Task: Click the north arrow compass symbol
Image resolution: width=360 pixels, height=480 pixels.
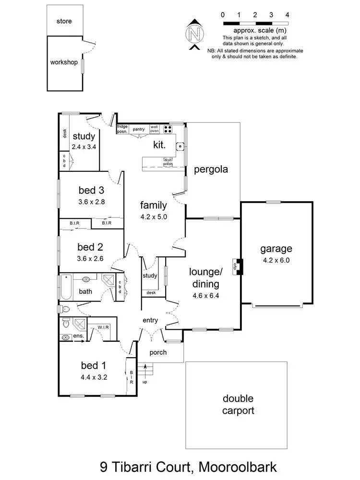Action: coord(194,34)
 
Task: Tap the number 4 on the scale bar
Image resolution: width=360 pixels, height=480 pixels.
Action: coord(287,15)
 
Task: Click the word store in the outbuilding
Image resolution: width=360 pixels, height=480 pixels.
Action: coord(64,21)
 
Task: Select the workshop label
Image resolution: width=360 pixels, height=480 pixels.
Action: coord(64,62)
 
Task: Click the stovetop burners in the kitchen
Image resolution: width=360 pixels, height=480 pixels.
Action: coord(168,129)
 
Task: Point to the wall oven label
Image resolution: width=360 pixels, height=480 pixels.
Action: coord(155,129)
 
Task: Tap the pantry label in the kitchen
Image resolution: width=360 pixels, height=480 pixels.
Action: coord(139,129)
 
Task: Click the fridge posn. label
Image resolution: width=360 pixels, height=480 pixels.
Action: coord(122,128)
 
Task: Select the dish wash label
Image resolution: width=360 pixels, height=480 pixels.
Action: coord(168,162)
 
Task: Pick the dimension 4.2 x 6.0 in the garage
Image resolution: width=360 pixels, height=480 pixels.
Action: coord(276,261)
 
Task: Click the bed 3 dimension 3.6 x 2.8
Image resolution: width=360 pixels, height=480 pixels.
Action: coord(91,202)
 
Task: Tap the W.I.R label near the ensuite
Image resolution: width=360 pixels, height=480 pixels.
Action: coord(103,327)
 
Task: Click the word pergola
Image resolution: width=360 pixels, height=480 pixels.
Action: coord(210,169)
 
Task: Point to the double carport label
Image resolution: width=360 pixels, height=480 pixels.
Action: coord(238,405)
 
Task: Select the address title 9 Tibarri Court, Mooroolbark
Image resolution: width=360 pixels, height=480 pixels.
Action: coord(179,466)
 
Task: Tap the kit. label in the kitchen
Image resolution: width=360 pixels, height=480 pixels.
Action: coord(159,144)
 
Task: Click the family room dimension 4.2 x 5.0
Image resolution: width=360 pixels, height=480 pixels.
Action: coord(153,216)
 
